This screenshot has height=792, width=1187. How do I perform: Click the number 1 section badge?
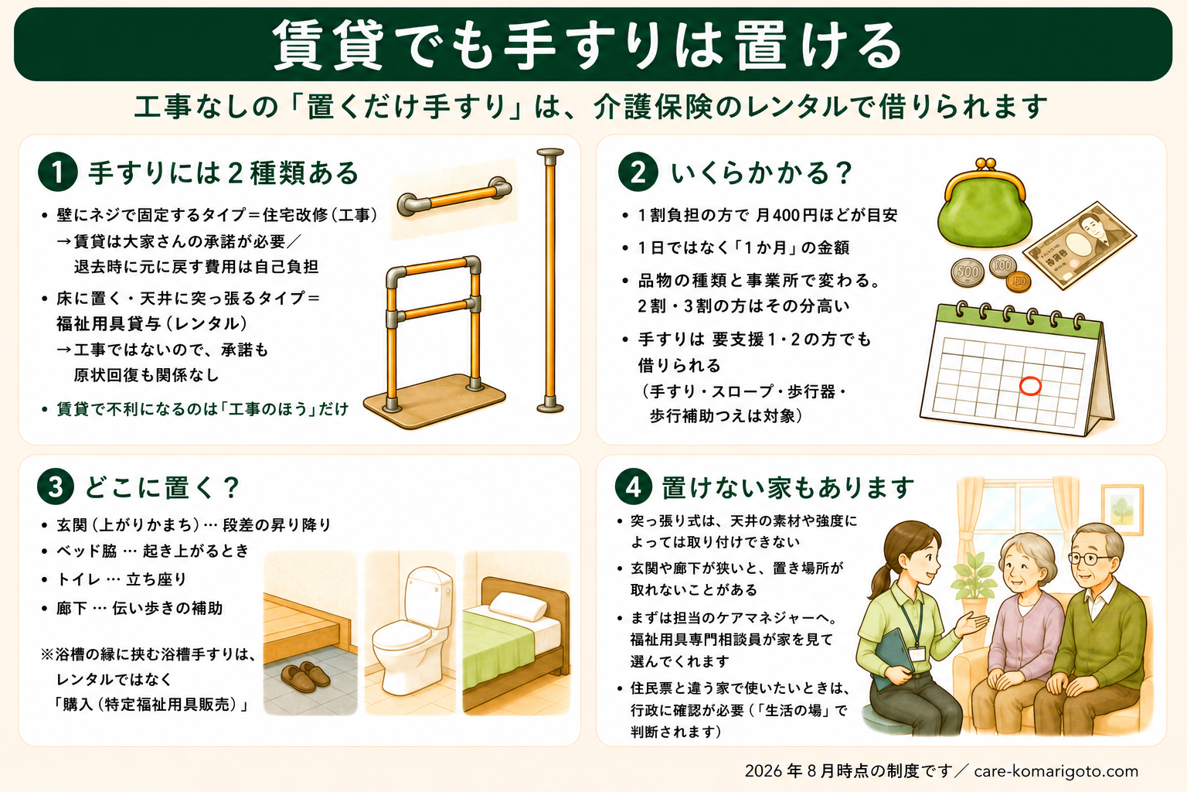57,172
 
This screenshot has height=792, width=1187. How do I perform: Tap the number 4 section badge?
634,487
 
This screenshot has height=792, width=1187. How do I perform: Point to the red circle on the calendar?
1030,386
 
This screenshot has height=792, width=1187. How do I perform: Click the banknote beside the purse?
1080,245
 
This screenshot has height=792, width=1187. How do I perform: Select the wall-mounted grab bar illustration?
454,196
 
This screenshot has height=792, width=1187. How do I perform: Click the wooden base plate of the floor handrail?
434,400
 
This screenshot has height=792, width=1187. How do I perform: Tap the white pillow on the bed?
518,606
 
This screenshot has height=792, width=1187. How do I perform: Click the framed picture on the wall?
1122,510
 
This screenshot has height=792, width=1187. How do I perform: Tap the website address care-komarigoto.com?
1056,771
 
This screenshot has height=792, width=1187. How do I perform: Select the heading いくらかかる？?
761,172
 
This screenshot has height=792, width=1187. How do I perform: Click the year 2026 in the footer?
764,771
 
